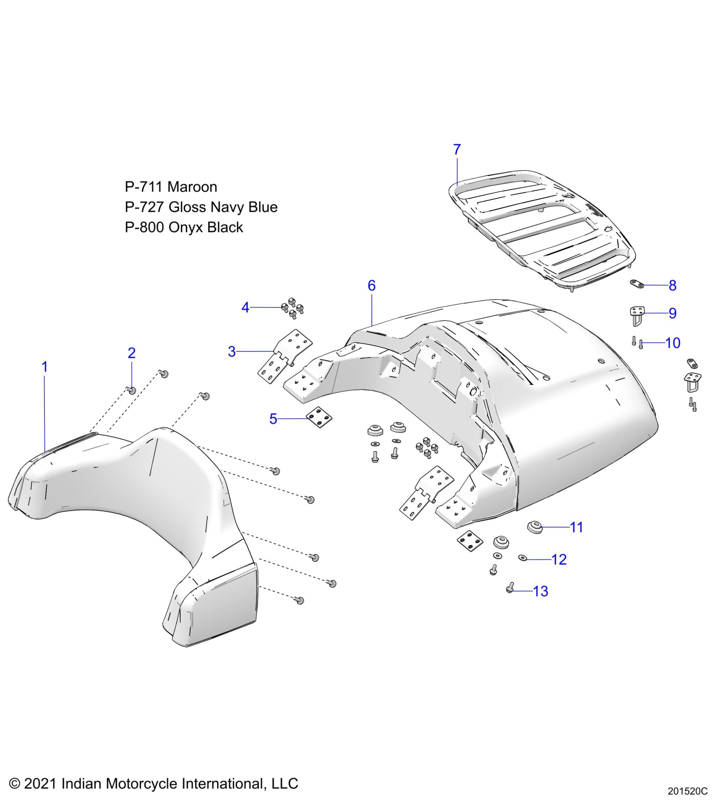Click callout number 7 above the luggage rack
(x=457, y=149)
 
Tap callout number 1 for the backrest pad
(x=44, y=367)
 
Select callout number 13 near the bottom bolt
(x=541, y=591)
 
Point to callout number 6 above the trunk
(x=371, y=285)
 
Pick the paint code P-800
(x=144, y=227)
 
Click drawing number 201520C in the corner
(x=687, y=791)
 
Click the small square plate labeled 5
(x=319, y=417)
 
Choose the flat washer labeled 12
(x=522, y=558)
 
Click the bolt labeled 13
(x=510, y=588)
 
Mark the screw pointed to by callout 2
(x=132, y=390)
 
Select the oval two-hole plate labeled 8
(x=637, y=284)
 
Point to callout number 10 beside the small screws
(x=673, y=343)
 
